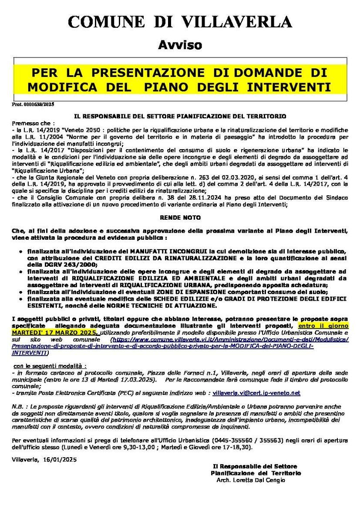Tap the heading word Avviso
coord(180,44)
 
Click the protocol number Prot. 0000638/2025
coord(33,104)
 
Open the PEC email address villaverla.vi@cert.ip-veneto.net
coord(256,393)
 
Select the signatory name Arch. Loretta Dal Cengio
coord(251,480)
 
